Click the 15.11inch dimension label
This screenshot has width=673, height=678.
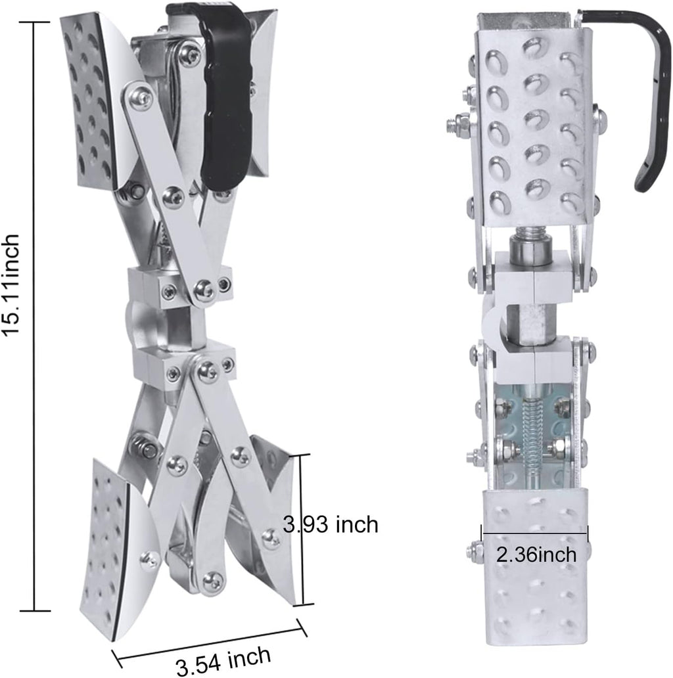11,284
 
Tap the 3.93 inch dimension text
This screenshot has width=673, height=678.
331,524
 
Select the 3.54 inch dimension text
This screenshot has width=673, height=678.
223,660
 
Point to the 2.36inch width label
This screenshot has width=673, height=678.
536,554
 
